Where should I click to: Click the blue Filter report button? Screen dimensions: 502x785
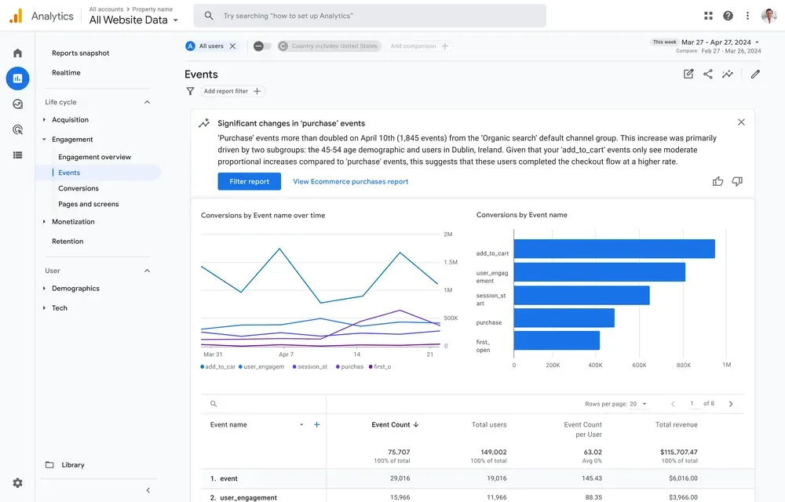point(249,181)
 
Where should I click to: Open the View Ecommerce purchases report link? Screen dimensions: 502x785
point(350,181)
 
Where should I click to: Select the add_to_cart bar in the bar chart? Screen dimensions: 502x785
point(614,249)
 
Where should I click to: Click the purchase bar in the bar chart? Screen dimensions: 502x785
point(564,318)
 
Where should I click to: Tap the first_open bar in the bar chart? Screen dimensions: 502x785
point(557,340)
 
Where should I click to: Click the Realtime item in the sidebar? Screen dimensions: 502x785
point(66,73)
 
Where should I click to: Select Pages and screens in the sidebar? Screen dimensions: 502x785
point(89,204)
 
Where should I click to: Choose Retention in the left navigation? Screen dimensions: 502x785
point(68,242)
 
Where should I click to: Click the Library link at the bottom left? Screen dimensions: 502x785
point(73,465)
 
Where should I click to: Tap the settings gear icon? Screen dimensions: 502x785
point(17,483)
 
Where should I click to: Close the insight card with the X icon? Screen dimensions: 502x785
point(741,122)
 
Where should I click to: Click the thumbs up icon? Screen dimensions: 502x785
point(717,181)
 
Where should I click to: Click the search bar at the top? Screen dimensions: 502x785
point(370,16)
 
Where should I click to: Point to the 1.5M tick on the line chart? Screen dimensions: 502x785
point(451,263)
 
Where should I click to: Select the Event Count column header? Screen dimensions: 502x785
point(394,424)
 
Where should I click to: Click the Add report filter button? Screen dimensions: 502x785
point(232,91)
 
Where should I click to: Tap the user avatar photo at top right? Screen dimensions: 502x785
point(769,16)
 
